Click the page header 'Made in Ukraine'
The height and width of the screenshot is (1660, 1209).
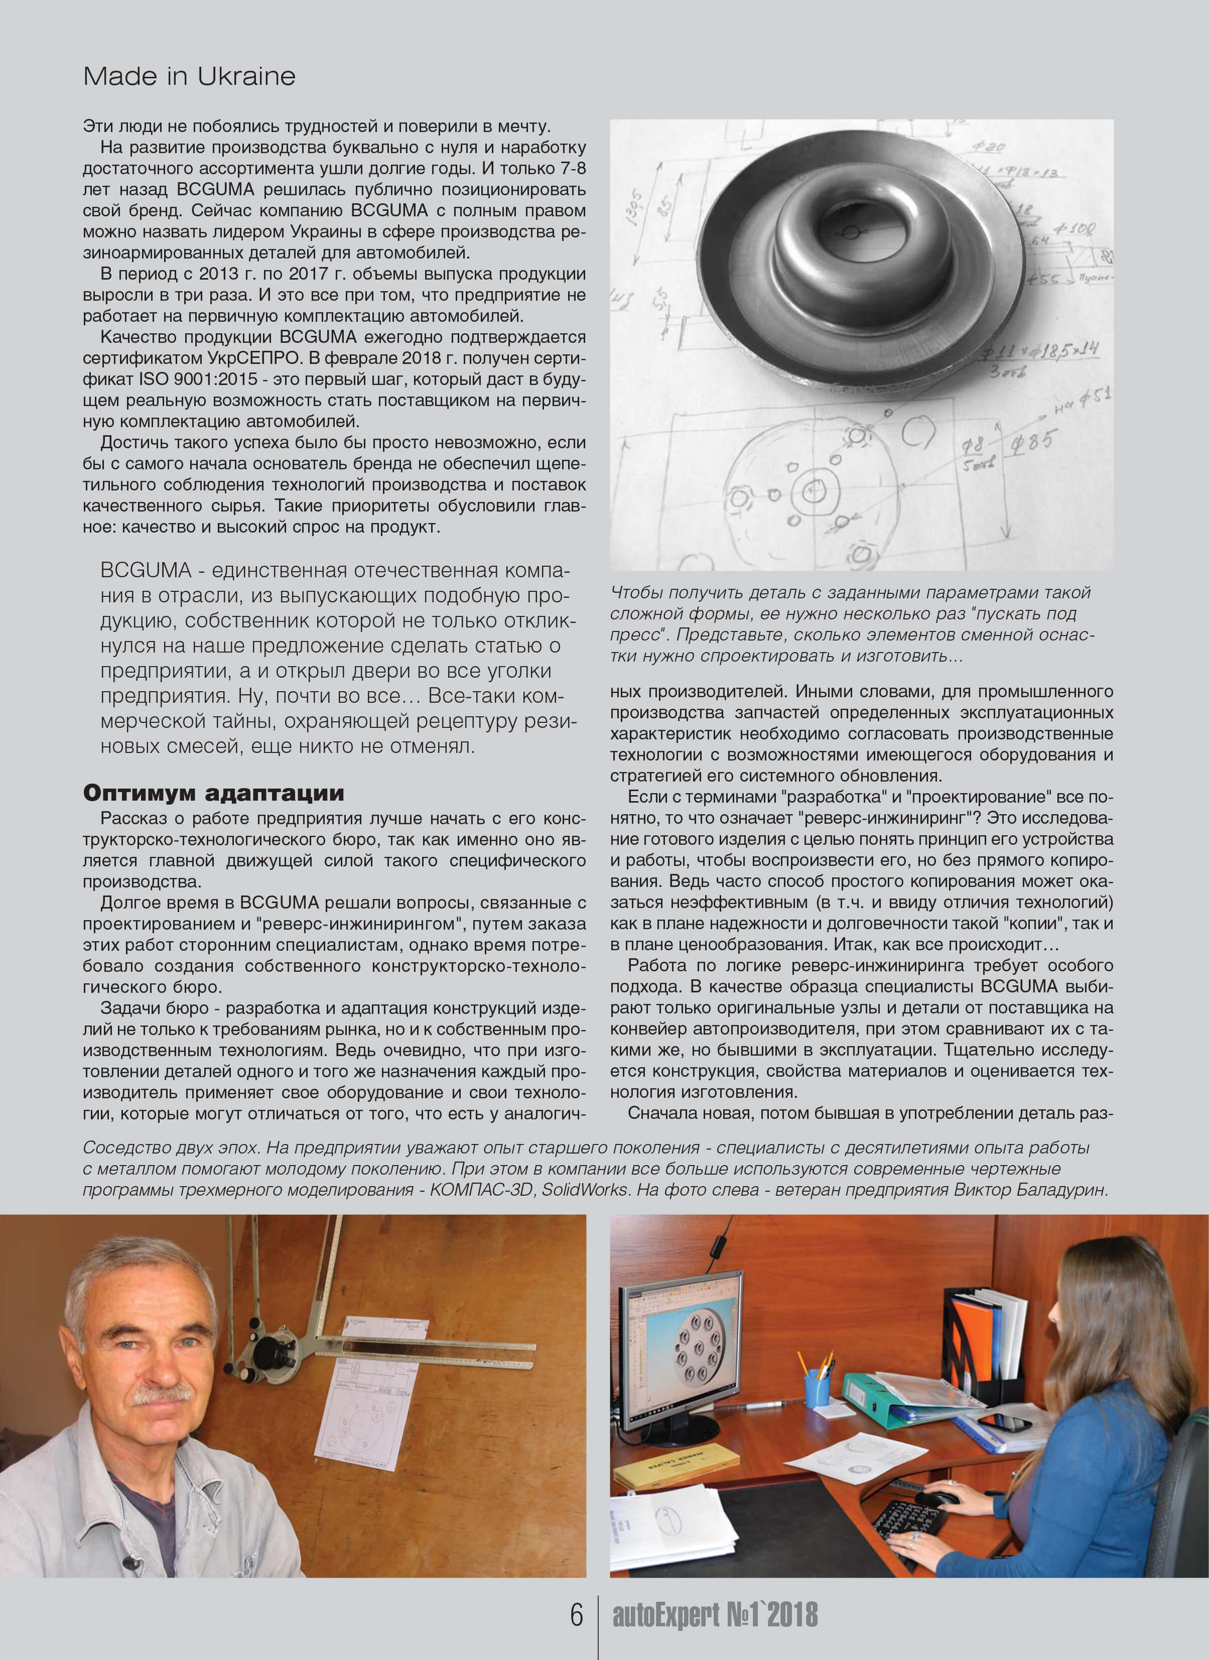point(189,76)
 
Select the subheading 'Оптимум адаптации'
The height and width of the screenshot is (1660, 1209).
point(213,794)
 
